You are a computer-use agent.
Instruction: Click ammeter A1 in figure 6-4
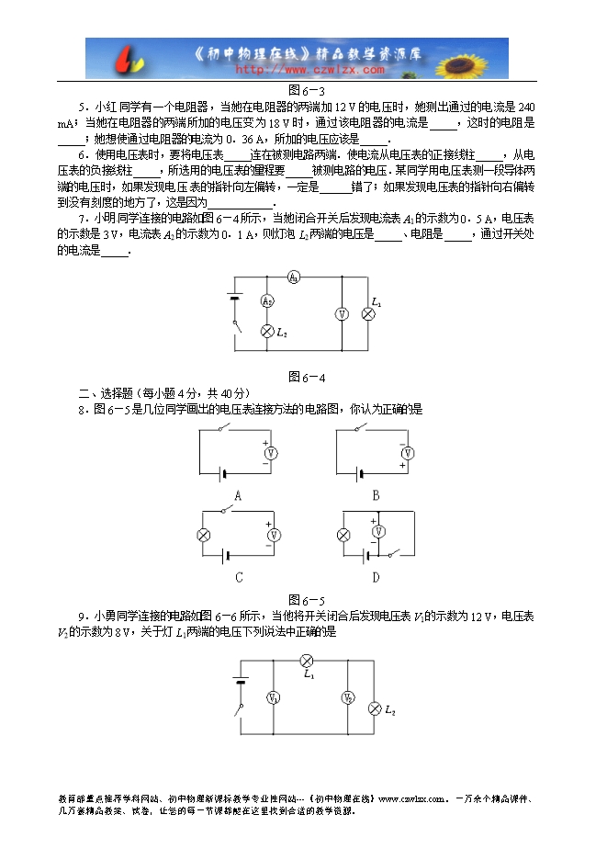click(291, 277)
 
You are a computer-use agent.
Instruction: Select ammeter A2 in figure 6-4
click(267, 300)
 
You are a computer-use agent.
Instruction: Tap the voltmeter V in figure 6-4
click(342, 313)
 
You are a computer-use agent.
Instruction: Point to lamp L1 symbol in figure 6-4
click(368, 313)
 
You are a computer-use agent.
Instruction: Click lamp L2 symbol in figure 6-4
click(267, 331)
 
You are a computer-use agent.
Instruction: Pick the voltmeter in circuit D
click(375, 528)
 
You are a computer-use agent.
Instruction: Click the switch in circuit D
click(396, 554)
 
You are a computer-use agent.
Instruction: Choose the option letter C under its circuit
click(238, 577)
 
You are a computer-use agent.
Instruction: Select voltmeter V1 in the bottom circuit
click(272, 699)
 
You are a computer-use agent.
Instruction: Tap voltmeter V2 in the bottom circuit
click(348, 699)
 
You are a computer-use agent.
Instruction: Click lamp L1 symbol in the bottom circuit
click(309, 660)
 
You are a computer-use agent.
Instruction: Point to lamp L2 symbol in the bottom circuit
click(374, 708)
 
